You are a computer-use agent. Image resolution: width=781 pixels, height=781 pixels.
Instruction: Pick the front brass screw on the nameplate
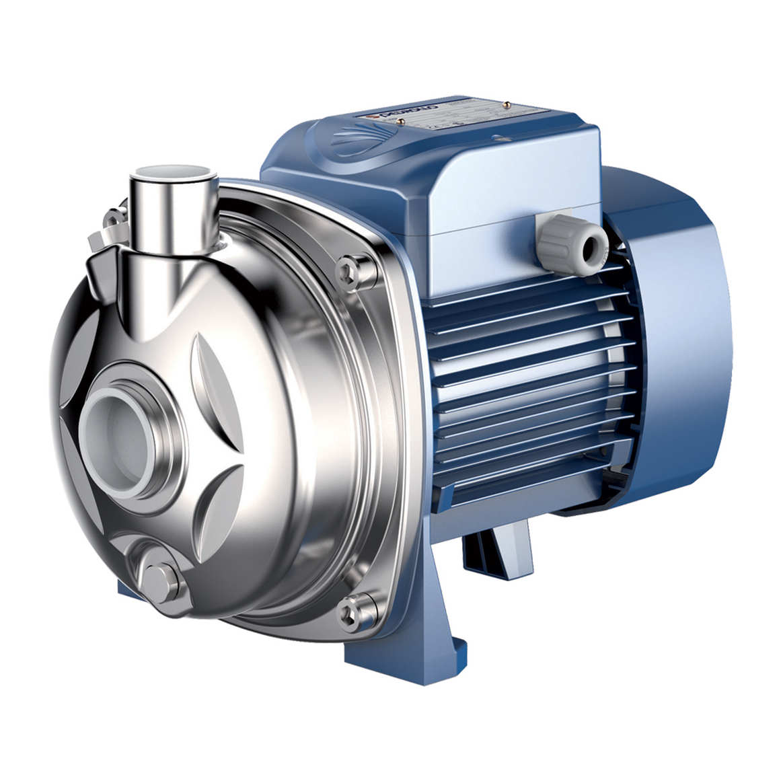[402, 120]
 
